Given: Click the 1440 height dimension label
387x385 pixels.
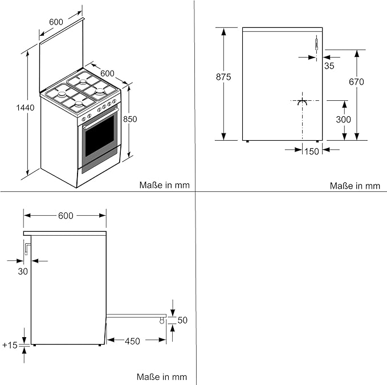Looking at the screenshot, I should pos(25,107).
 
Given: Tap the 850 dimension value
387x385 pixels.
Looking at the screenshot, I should pos(130,119).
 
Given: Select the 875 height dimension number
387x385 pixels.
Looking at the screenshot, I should pos(224,78).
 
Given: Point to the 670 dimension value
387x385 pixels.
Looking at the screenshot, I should pos(356,81).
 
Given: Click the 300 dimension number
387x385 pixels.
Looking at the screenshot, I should pos(344,120).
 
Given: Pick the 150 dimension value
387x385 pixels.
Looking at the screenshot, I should pos(311,151).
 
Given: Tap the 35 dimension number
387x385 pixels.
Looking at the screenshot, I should pos(329,65).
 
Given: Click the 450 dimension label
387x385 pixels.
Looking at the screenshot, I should pos(132,341).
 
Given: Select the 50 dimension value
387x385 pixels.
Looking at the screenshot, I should pos(182,321).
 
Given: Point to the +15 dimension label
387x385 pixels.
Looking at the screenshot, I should pos(10,345).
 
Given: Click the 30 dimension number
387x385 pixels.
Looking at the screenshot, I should pos(23,271).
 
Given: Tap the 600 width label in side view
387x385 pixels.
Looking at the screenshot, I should pos(66,216).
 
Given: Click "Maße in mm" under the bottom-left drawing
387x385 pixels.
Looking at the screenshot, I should pos(162,377).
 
